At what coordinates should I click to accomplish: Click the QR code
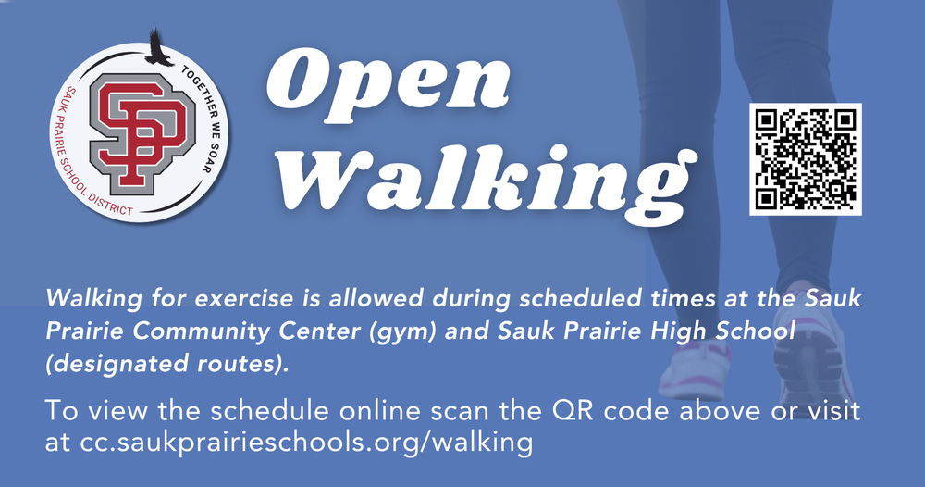click(x=806, y=159)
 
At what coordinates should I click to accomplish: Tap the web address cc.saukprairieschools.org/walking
click(x=306, y=443)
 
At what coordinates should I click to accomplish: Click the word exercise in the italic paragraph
click(x=243, y=298)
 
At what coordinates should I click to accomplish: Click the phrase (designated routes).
click(x=167, y=364)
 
